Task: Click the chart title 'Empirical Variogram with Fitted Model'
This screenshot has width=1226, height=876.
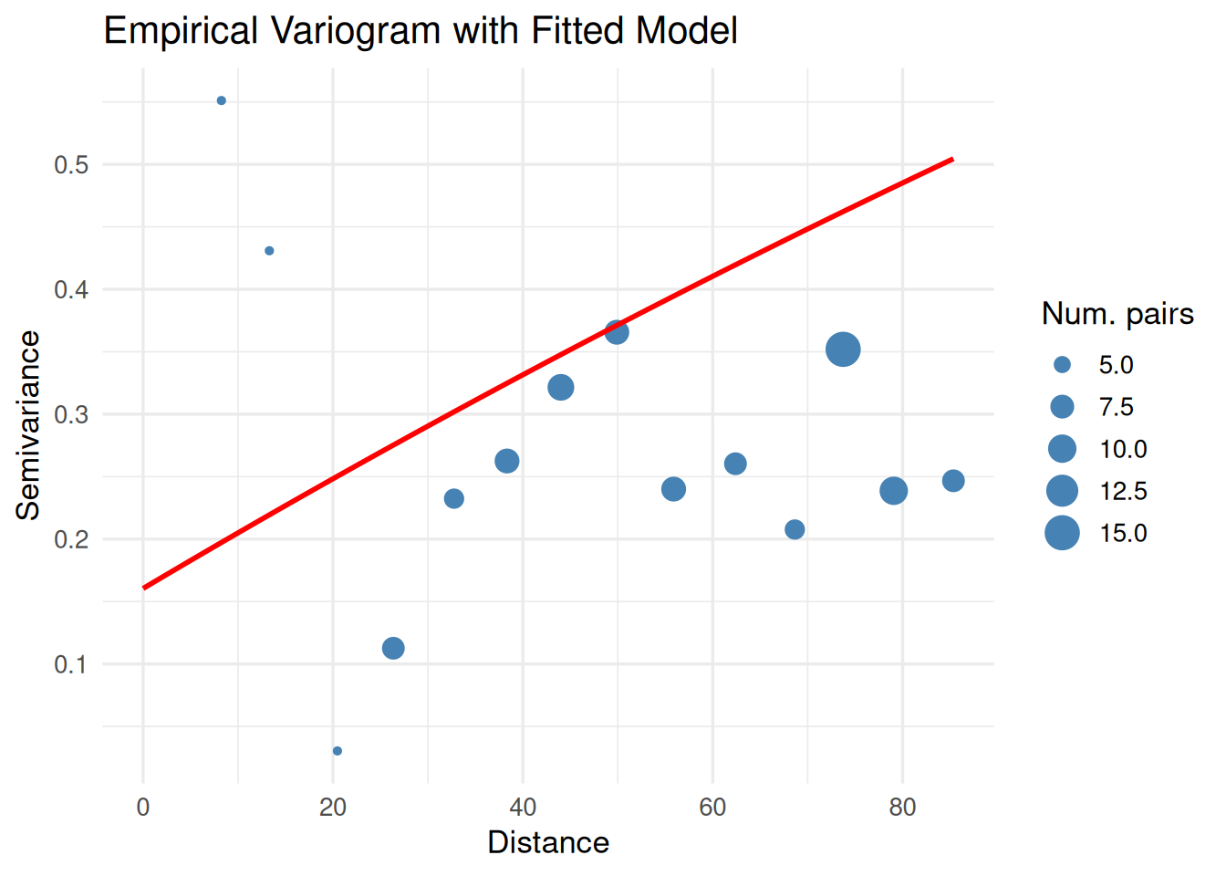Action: [x=421, y=31]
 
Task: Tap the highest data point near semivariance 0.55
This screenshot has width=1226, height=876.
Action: [x=222, y=100]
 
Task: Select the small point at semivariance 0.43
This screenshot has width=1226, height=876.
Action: [x=269, y=251]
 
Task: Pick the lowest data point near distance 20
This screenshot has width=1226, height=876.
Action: [x=338, y=751]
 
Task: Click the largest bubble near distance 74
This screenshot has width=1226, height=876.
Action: [x=843, y=349]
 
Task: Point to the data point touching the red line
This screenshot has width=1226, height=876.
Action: [x=617, y=332]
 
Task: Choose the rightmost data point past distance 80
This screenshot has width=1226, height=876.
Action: [x=953, y=481]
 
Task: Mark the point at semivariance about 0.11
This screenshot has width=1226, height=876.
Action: [x=393, y=648]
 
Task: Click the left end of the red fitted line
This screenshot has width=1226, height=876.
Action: [x=145, y=588]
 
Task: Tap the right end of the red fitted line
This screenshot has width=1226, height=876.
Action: [x=951, y=160]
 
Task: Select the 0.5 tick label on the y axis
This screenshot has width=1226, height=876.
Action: [x=71, y=165]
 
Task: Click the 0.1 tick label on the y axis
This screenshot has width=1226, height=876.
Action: [x=71, y=664]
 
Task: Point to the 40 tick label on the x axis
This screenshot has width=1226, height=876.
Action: [x=523, y=808]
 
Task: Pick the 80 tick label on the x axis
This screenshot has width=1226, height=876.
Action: [x=902, y=808]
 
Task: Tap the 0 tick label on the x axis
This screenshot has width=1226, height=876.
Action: [x=143, y=808]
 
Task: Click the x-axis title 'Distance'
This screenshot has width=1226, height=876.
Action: [x=548, y=842]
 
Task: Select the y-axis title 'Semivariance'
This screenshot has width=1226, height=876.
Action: [x=28, y=425]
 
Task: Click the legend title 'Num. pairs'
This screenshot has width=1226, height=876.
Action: [x=1117, y=314]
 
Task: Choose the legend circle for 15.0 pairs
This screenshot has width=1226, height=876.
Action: [x=1062, y=533]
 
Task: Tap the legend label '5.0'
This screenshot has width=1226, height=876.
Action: [x=1116, y=365]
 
